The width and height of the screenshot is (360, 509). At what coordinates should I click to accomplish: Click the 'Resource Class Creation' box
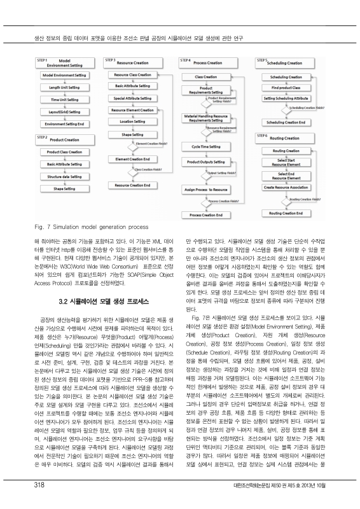click(132, 75)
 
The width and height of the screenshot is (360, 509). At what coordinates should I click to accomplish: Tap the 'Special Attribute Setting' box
click(132, 99)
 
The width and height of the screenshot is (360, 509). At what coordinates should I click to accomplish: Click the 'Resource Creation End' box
click(132, 185)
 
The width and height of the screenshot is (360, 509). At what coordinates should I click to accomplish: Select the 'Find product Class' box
click(284, 87)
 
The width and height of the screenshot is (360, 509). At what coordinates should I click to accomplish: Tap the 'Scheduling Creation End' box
click(284, 122)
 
